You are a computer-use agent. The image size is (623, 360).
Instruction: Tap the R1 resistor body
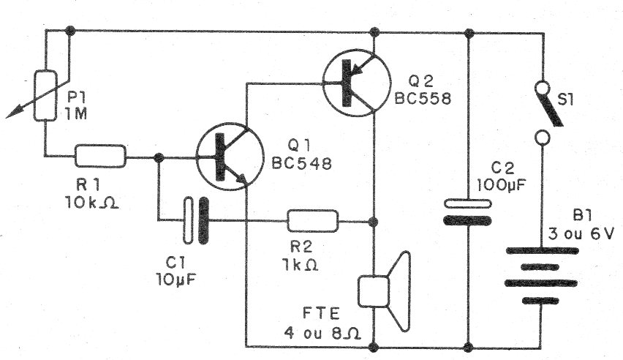tap(100, 156)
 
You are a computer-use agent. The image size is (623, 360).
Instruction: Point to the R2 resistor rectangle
tap(312, 220)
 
